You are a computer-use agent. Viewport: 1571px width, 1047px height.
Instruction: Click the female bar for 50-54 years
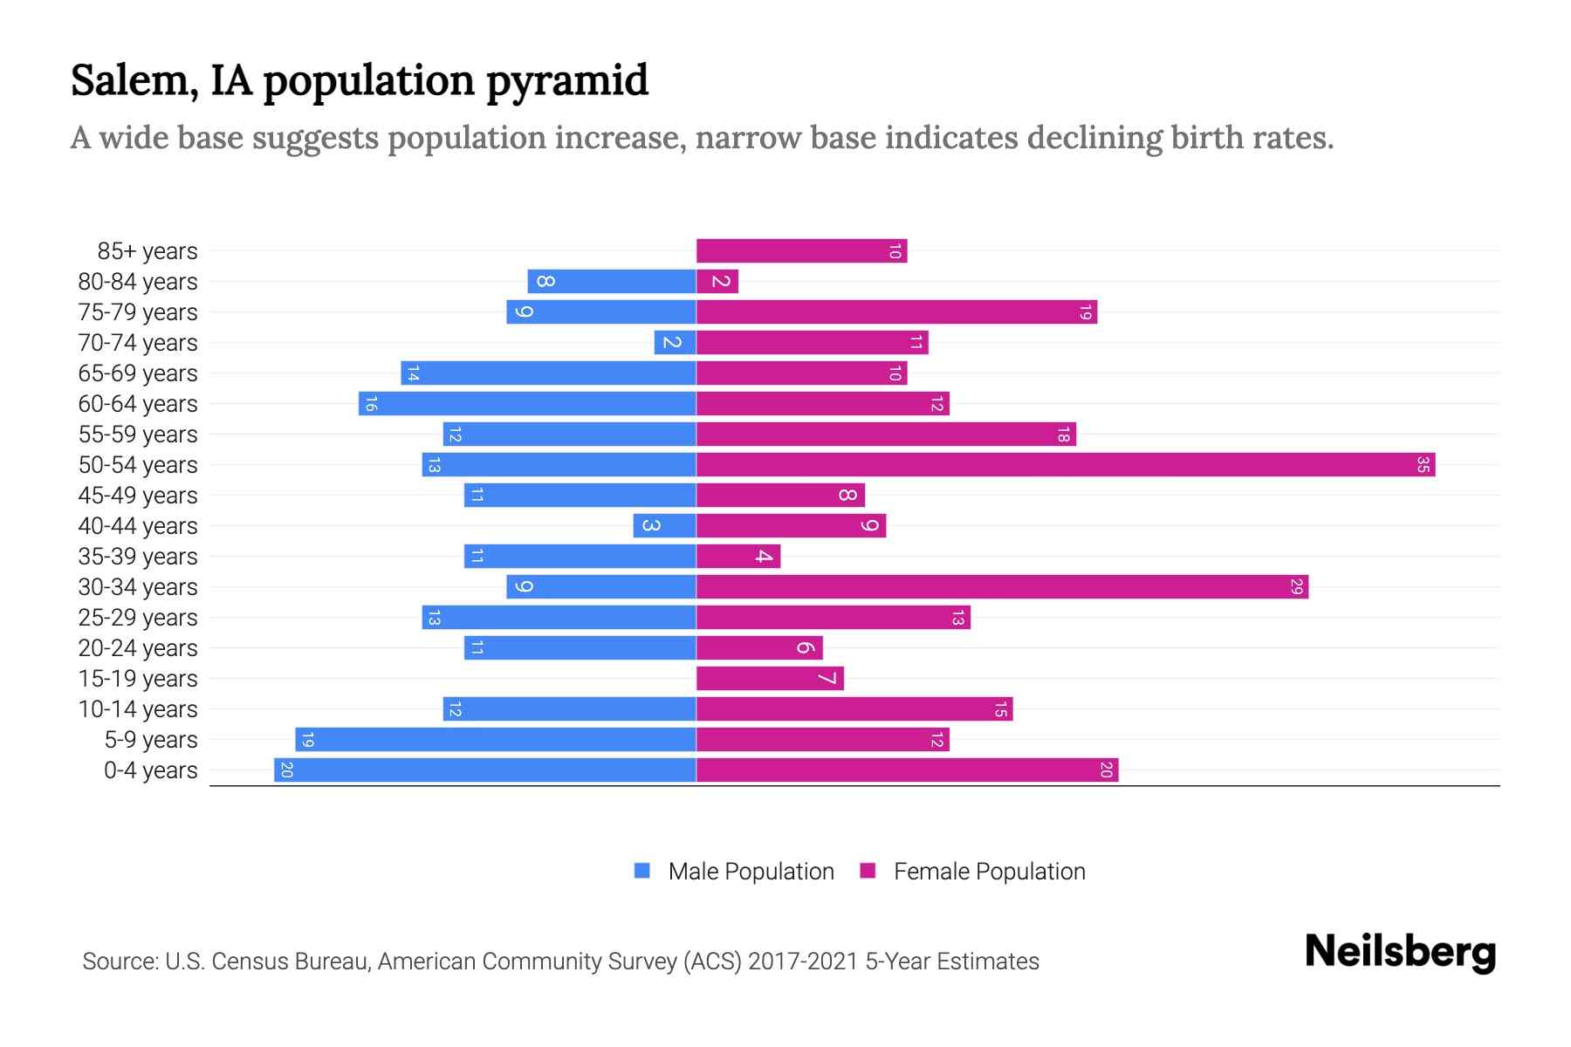click(1065, 465)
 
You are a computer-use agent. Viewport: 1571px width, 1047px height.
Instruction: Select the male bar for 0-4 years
click(484, 770)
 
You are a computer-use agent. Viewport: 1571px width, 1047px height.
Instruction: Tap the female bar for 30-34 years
click(1002, 587)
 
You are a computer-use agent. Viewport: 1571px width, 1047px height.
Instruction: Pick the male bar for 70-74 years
click(675, 343)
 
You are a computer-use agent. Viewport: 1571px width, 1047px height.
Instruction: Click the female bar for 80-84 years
click(717, 282)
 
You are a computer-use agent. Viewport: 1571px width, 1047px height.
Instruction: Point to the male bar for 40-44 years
click(664, 526)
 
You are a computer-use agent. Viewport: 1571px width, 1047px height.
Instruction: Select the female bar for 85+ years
click(801, 251)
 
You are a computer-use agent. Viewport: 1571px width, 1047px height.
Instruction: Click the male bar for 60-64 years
click(527, 404)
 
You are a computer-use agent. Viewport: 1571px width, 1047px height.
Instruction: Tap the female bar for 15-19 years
click(770, 679)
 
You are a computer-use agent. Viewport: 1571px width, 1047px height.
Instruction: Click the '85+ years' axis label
click(147, 251)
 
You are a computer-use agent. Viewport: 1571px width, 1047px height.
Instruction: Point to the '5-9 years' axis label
click(151, 740)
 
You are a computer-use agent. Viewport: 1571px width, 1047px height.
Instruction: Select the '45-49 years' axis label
click(138, 496)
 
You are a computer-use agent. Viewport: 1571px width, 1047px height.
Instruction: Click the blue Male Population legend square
click(642, 871)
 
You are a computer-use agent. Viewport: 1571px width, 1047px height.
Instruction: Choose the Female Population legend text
click(989, 872)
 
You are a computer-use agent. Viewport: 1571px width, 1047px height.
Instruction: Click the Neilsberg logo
click(1400, 952)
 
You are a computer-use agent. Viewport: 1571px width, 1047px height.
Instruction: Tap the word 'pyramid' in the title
click(567, 80)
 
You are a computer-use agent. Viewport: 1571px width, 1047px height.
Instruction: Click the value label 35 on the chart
click(1423, 465)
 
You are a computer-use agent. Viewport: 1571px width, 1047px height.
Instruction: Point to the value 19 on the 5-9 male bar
click(307, 741)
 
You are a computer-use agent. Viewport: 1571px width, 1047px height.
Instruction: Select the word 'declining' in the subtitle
click(1094, 138)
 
